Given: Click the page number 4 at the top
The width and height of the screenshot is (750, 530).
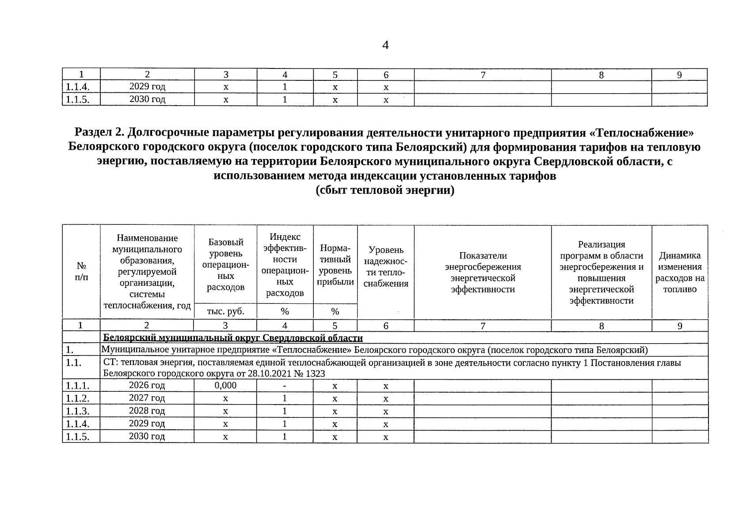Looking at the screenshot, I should point(385,45).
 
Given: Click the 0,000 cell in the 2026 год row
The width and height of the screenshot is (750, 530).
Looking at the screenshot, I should point(225,386).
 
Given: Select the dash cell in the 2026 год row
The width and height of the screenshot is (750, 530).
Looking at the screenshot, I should point(285,386).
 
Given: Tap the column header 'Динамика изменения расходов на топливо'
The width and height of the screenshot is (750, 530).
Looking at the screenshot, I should point(680,273).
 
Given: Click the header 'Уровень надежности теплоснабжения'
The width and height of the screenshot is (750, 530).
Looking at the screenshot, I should point(386,267).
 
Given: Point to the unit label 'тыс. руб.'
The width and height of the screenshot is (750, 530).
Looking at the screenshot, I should point(225,311).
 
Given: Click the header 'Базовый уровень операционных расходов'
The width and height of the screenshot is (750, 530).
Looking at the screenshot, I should point(225,265).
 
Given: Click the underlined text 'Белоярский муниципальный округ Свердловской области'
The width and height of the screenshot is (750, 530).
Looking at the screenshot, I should point(233,338).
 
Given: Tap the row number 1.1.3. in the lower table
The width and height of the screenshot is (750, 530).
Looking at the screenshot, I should point(77,411).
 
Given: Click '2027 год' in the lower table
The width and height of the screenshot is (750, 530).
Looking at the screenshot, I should point(147,398).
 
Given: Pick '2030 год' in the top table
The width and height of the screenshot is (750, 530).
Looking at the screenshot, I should point(147,99).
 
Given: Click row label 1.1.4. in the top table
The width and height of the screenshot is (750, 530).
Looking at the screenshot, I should point(77,87).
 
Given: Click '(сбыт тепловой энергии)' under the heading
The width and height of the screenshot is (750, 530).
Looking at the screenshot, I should point(385,191).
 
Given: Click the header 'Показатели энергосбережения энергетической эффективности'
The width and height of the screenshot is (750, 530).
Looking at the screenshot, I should point(483,273).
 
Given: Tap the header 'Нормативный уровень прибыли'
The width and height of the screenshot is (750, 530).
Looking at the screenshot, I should point(335,265).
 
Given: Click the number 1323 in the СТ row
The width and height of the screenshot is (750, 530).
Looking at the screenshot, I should point(315,374).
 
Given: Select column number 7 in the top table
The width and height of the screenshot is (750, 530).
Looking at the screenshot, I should point(483,75).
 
